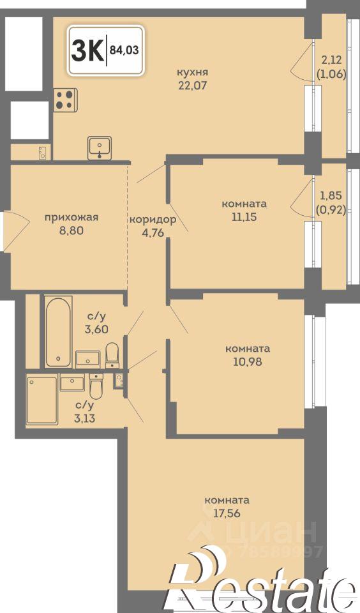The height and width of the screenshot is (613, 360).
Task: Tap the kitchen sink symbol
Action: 100,148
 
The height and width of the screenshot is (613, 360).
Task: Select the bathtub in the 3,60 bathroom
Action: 58,331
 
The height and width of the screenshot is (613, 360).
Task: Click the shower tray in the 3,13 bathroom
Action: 42,399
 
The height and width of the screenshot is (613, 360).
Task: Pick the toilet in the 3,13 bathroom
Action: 96,386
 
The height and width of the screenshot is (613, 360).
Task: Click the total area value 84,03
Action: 124,50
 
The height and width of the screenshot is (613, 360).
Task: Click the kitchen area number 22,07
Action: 193,85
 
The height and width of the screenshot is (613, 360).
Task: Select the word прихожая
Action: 71,217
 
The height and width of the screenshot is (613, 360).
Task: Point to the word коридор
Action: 153,219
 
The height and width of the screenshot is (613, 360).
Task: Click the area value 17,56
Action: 227,513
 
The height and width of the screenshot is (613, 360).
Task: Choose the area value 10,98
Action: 248,361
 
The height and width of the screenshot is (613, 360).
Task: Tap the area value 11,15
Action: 244,216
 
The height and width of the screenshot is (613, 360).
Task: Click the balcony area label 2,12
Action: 331,60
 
